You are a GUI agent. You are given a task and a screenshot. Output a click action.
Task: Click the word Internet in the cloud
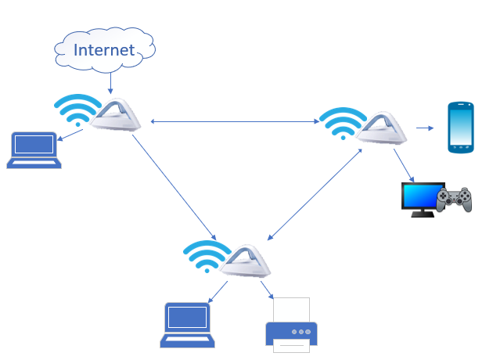pyautogui.click(x=104, y=50)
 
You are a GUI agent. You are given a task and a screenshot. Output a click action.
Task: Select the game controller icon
pyautogui.click(x=453, y=199)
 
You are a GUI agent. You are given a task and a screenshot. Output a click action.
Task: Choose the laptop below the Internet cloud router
pyautogui.click(x=34, y=150)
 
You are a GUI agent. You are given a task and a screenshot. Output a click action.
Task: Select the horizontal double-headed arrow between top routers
pyautogui.click(x=235, y=121)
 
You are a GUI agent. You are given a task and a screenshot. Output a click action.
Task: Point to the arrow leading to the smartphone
pyautogui.click(x=425, y=128)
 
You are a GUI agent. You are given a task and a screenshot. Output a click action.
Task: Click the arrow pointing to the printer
pyautogui.click(x=266, y=290)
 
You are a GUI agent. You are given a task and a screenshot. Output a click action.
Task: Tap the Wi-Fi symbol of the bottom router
pyautogui.click(x=206, y=254)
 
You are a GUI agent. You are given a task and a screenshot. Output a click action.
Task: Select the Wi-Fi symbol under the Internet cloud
pyautogui.click(x=76, y=110)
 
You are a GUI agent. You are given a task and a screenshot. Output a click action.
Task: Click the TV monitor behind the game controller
pyautogui.click(x=419, y=199)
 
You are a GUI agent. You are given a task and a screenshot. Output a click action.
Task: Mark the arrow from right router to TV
pyautogui.click(x=403, y=164)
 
